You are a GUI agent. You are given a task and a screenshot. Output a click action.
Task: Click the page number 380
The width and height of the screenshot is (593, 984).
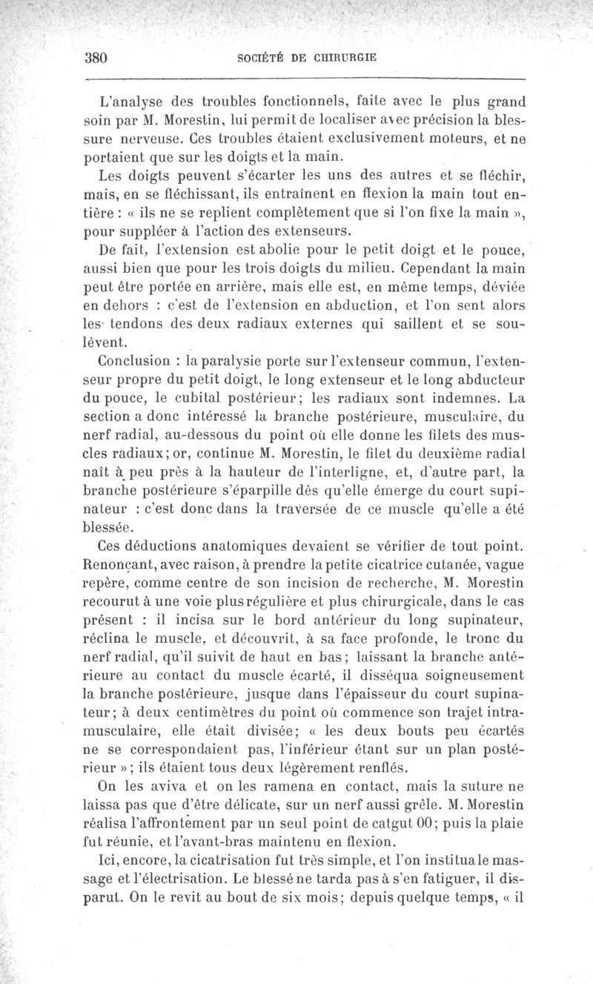click(97, 58)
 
